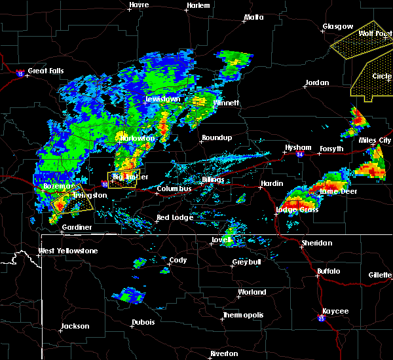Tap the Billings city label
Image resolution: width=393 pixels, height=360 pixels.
point(213,179)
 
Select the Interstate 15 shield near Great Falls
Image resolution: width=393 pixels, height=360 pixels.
point(20,74)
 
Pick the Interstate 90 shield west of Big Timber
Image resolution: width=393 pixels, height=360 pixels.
point(105,185)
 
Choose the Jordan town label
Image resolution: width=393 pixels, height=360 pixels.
point(317,83)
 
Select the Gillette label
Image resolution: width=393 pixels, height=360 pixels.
point(380,275)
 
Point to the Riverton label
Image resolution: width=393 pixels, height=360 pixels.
point(224,353)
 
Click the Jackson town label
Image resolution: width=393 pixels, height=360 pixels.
point(75,326)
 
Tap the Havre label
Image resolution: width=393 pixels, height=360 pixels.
point(139,5)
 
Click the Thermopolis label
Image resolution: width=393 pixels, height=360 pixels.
point(244,315)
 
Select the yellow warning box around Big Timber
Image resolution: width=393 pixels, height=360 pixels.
point(122,179)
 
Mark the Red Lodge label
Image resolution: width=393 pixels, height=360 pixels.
point(176,217)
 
